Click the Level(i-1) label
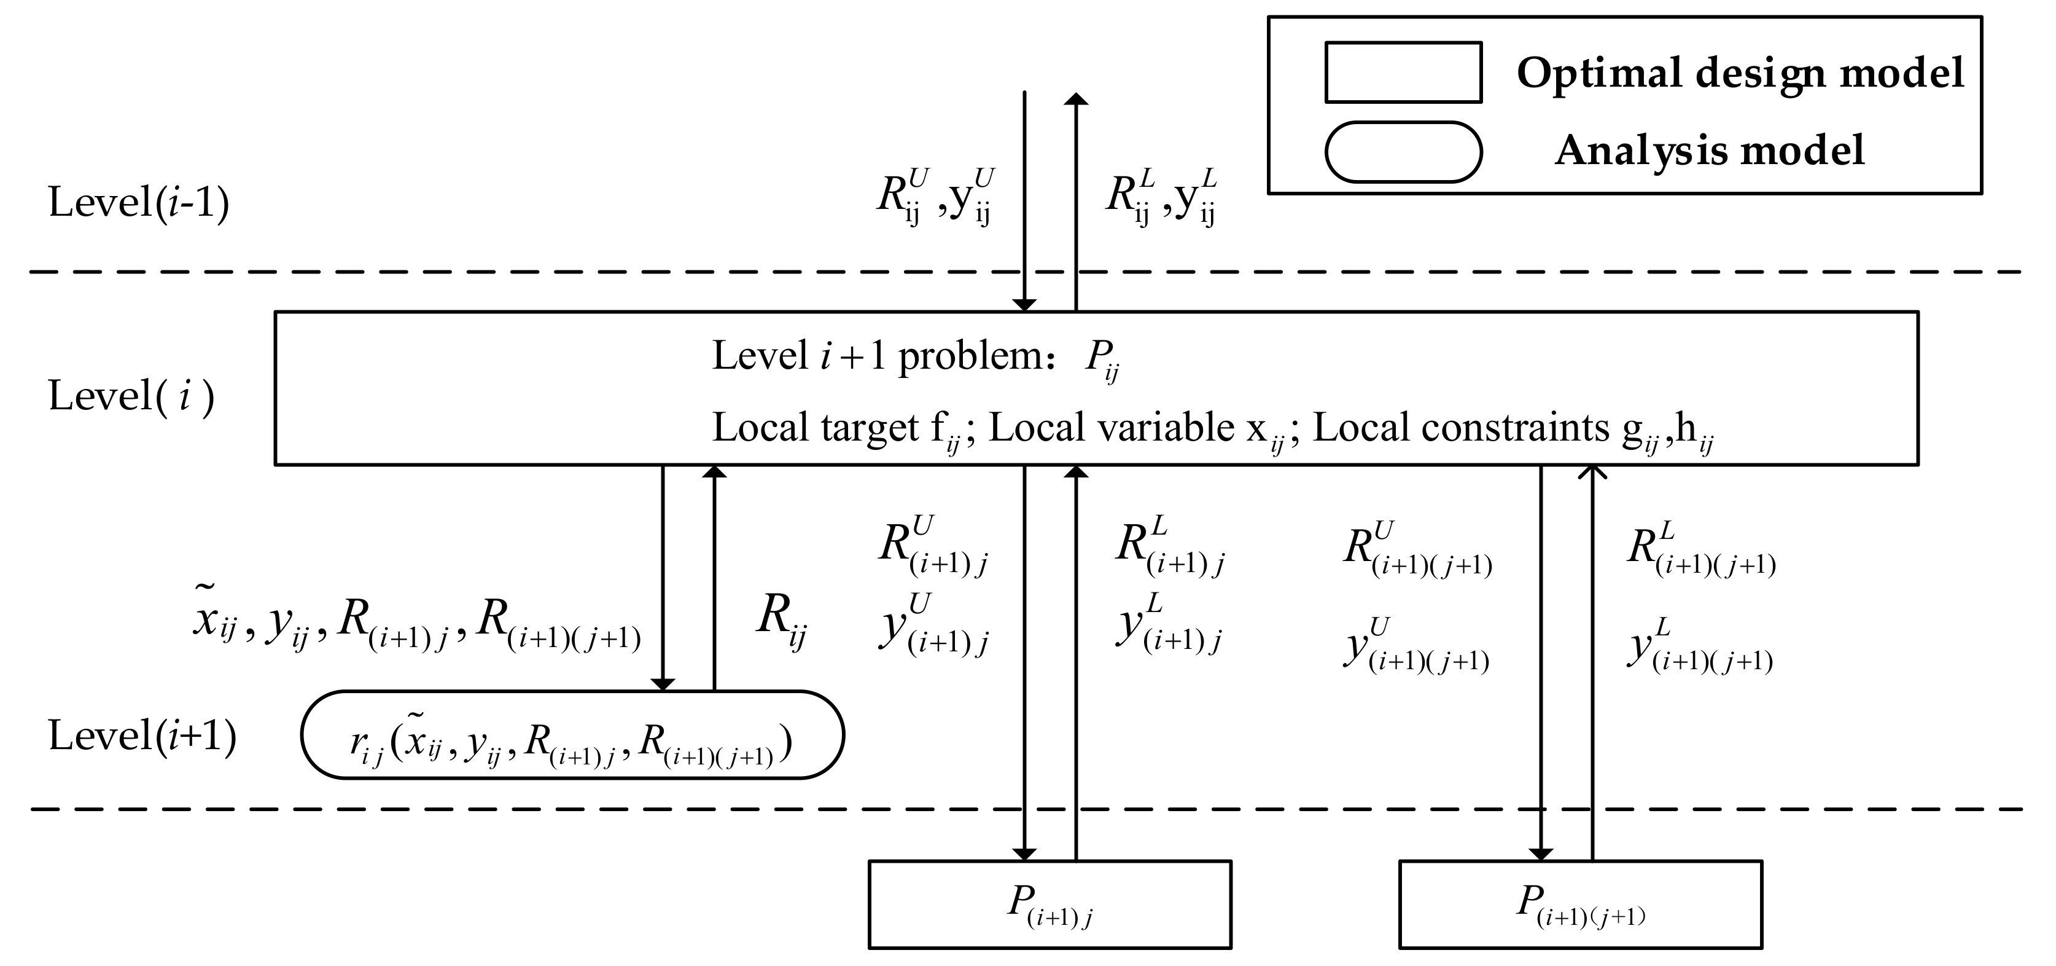139,202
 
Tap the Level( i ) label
131,396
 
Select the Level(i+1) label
142,736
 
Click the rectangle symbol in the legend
1403,73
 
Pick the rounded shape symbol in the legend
1403,152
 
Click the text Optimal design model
1740,73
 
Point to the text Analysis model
1710,150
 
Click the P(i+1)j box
1049,904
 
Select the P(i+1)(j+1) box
1580,904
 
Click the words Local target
816,428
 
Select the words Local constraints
1460,428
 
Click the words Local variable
1111,428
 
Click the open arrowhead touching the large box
1592,473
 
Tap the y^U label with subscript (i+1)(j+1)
1417,646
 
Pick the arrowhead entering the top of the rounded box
663,684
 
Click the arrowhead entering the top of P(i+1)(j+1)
1540,854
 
